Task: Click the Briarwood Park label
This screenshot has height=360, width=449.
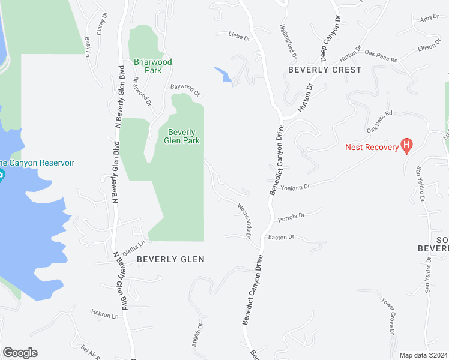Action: pyautogui.click(x=153, y=66)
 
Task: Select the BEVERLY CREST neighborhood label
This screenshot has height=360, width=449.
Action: pyautogui.click(x=325, y=70)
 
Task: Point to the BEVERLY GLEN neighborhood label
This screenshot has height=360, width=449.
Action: pyautogui.click(x=170, y=259)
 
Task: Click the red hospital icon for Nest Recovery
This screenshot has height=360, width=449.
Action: pyautogui.click(x=408, y=145)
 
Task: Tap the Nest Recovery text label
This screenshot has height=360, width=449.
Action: pyautogui.click(x=372, y=147)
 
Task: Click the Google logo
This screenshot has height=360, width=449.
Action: pyautogui.click(x=19, y=353)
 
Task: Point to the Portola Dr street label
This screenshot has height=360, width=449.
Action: pyautogui.click(x=291, y=215)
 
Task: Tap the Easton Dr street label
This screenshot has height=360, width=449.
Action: pyautogui.click(x=281, y=238)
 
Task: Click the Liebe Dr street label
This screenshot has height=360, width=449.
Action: pyautogui.click(x=238, y=37)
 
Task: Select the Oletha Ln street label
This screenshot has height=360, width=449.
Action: pyautogui.click(x=134, y=246)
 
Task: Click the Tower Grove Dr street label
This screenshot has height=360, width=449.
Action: pyautogui.click(x=387, y=315)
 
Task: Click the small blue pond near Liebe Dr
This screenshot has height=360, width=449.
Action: pyautogui.click(x=223, y=75)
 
